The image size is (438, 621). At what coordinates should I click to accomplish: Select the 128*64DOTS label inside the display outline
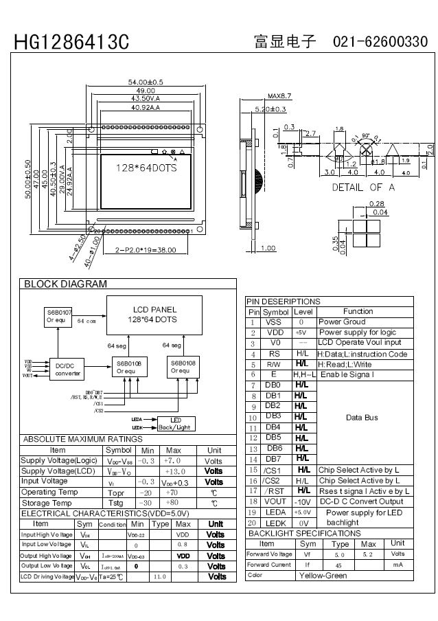tap(145, 168)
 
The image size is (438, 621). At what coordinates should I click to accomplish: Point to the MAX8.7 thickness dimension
tap(279, 96)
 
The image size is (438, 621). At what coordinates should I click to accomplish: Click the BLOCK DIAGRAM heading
tap(66, 284)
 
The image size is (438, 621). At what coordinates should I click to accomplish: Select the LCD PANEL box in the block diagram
tap(149, 315)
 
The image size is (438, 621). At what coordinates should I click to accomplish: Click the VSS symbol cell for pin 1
tap(273, 321)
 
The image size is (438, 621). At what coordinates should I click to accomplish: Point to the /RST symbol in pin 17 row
tap(273, 491)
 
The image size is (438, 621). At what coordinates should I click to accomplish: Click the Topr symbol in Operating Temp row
tap(115, 493)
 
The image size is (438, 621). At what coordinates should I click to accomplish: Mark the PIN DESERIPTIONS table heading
tap(283, 302)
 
